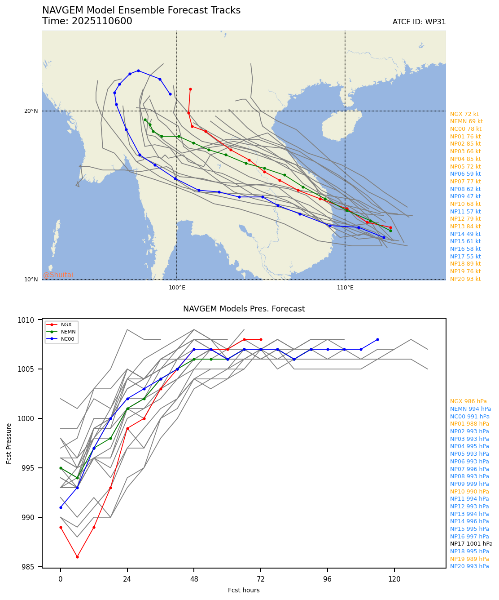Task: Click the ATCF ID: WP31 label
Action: tap(419, 22)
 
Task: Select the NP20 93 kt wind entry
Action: tap(465, 279)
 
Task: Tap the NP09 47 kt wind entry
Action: tap(465, 196)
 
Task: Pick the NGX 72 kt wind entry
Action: tap(464, 114)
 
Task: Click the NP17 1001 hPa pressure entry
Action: tap(471, 544)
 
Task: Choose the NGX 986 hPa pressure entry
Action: tap(468, 401)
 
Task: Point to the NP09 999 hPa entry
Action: tap(469, 484)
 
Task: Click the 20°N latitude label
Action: tap(31, 111)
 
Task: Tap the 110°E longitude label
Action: tap(345, 288)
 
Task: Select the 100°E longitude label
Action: tap(177, 288)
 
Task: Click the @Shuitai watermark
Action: tap(58, 275)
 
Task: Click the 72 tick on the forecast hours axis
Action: tap(261, 578)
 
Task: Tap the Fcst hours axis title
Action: tap(244, 590)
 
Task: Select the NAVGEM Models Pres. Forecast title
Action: tap(244, 309)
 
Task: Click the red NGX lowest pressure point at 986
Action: tap(77, 557)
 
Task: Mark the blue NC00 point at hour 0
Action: tap(61, 507)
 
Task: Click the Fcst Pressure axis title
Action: tap(9, 443)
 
